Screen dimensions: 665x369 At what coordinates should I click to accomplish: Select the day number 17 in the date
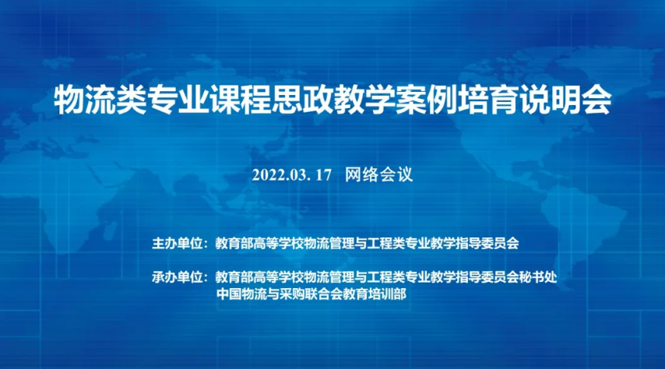[x=323, y=174]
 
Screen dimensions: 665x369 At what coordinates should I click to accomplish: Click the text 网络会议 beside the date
[x=378, y=174]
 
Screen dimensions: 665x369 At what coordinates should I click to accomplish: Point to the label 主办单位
[x=178, y=244]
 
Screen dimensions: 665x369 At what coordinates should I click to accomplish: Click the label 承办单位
[x=178, y=277]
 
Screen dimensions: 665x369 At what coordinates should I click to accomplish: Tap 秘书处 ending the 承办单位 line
[x=538, y=277]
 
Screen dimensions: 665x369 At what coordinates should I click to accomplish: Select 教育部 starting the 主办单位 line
[x=234, y=244]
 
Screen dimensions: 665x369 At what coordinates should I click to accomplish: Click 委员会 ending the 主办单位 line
[x=500, y=244]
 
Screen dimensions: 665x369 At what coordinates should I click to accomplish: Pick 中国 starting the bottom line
[x=229, y=294]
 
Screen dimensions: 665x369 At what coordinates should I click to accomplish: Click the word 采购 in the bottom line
[x=292, y=294]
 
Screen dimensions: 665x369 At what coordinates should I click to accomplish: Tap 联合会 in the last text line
[x=324, y=294]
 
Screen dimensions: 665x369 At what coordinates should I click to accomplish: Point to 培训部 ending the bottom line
[x=387, y=294]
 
